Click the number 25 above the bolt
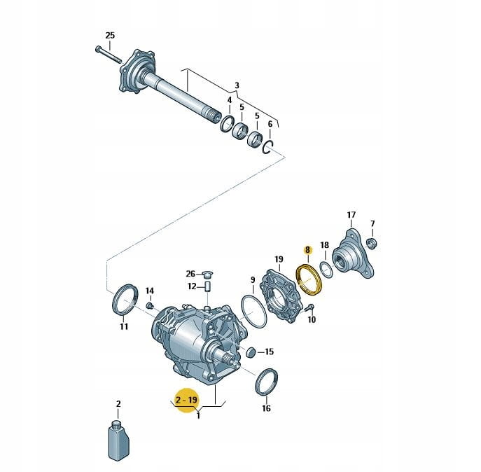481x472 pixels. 110,35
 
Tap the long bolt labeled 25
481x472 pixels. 109,55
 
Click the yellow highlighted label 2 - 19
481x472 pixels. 186,400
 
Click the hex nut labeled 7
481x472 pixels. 372,244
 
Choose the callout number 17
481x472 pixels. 351,214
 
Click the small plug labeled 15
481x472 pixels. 251,353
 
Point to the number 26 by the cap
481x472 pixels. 190,273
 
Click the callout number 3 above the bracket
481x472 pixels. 237,85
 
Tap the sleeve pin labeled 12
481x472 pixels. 208,286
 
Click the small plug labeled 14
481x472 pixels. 150,305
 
